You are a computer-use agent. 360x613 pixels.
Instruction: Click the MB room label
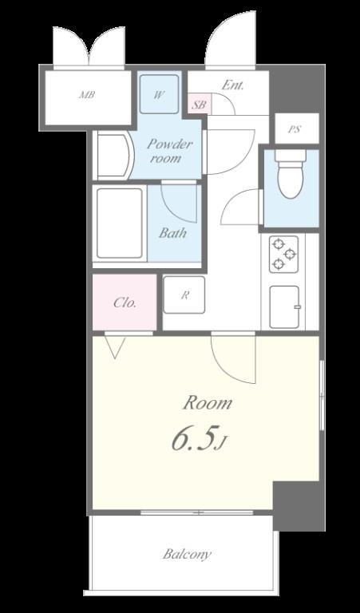(x=88, y=95)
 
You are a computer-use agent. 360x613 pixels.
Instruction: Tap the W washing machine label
(x=158, y=95)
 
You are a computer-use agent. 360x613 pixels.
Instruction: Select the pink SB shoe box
(x=200, y=105)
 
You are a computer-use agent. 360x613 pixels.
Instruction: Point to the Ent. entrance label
(x=232, y=85)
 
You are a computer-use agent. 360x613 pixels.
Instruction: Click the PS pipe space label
(x=295, y=129)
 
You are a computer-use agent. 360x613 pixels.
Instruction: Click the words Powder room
(x=168, y=151)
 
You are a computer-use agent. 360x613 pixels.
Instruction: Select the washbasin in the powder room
(x=115, y=156)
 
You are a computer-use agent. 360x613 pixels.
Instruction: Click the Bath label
(x=172, y=233)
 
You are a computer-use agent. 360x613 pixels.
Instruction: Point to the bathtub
(x=119, y=223)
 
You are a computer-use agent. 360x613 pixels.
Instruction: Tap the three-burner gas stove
(x=284, y=254)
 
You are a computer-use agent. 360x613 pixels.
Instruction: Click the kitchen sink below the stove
(x=285, y=307)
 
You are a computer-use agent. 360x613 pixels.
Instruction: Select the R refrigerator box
(x=184, y=295)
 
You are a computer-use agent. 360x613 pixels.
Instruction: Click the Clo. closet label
(x=125, y=303)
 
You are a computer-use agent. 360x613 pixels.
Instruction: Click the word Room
(x=208, y=402)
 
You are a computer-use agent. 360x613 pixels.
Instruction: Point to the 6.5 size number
(x=194, y=439)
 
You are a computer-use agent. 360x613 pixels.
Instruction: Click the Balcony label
(x=188, y=555)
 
